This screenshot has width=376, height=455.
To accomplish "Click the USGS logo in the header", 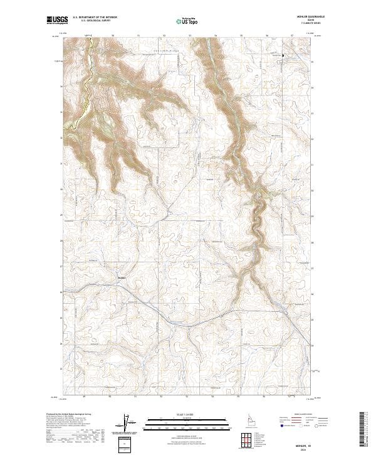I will [56, 20].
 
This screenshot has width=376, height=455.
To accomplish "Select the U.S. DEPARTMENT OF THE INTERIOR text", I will [95, 18].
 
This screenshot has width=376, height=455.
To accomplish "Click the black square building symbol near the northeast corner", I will [282, 56].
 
